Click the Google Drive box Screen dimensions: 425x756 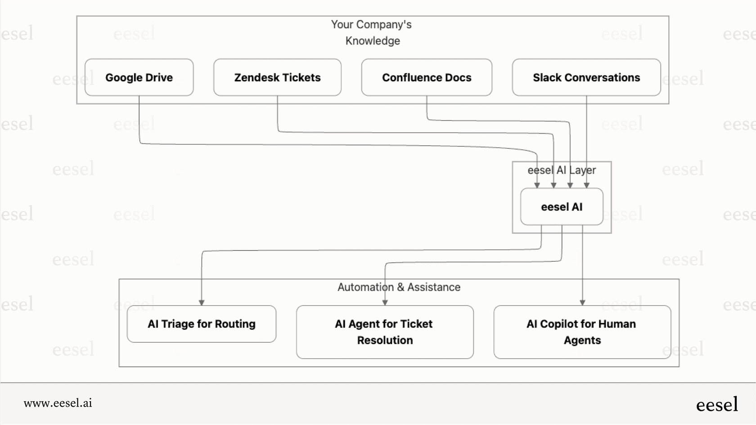click(139, 77)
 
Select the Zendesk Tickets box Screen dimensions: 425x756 click(277, 77)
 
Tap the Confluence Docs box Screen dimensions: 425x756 click(427, 77)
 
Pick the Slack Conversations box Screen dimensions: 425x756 click(586, 77)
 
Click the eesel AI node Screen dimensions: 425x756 click(562, 207)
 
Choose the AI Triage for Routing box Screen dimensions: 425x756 click(201, 324)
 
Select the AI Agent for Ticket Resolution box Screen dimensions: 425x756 click(385, 332)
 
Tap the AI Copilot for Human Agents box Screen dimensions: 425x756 click(582, 332)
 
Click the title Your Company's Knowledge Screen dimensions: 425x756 click(372, 32)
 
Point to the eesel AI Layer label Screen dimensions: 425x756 click(562, 170)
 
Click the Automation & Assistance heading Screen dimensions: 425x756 click(399, 287)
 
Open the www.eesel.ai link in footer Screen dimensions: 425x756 click(58, 403)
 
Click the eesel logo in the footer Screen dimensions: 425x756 click(717, 405)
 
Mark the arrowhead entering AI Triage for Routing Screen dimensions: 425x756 click(202, 303)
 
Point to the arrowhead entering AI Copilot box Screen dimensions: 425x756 click(582, 303)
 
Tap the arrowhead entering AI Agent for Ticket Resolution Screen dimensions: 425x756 click(385, 303)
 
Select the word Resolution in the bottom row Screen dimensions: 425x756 click(385, 340)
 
